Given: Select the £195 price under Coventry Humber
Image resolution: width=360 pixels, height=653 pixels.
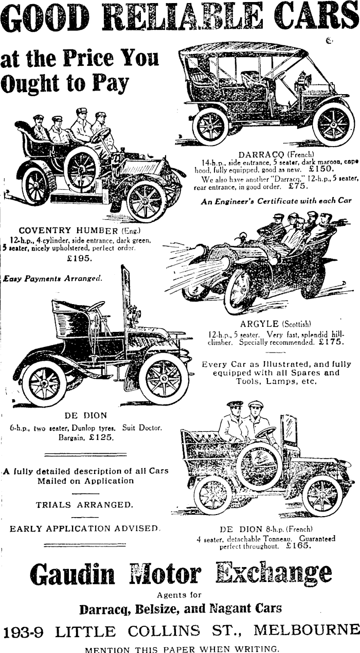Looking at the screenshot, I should point(80,258).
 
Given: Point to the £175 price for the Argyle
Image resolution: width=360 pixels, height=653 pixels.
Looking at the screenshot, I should point(331,341).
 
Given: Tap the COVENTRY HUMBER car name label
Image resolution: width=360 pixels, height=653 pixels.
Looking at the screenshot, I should point(68,230).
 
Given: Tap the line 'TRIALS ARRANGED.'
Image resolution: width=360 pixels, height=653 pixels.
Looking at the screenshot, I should point(84,505).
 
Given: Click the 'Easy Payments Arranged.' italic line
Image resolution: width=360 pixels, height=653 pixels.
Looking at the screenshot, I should point(52,278).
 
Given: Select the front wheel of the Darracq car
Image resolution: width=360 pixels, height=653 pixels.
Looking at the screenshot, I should point(333,124).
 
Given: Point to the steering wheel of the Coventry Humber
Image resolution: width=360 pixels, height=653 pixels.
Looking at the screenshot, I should point(100,135).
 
